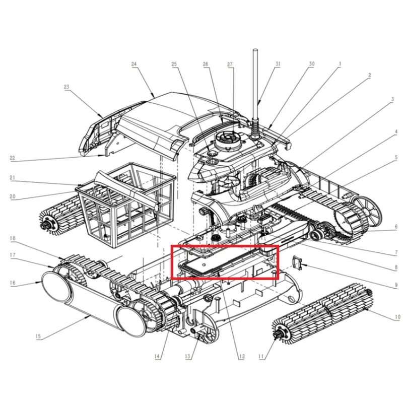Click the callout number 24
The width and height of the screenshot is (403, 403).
click(x=134, y=64)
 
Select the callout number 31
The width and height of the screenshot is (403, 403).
click(x=278, y=64)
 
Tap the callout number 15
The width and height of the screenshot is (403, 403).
click(x=38, y=337)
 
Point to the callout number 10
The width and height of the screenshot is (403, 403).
click(x=397, y=317)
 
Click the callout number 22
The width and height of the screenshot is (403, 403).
click(x=12, y=158)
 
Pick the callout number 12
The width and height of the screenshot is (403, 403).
click(x=242, y=356)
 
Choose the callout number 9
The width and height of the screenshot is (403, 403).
click(x=396, y=285)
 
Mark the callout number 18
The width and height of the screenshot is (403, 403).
click(x=13, y=238)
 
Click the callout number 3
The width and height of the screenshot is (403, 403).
click(x=392, y=99)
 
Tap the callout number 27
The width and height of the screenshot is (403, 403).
click(x=230, y=64)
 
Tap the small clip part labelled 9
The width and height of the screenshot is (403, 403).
click(x=296, y=263)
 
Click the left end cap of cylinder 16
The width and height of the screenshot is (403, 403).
click(x=55, y=287)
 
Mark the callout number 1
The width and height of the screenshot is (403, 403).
click(x=340, y=64)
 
